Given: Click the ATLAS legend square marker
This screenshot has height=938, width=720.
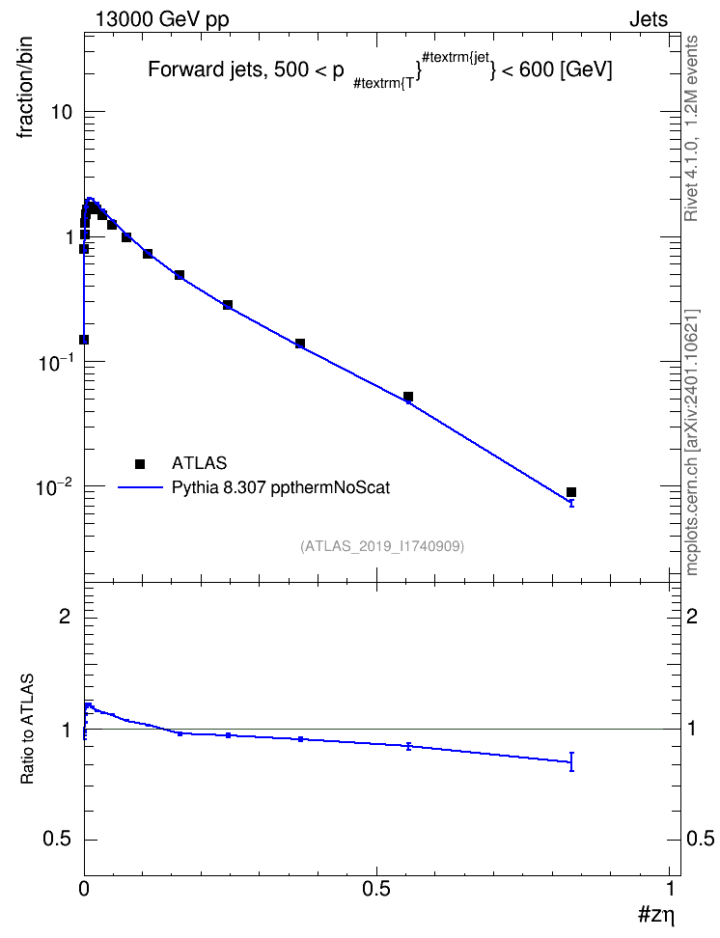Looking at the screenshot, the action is pos(140,463).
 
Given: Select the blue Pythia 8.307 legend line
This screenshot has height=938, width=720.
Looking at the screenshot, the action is pos(140,487).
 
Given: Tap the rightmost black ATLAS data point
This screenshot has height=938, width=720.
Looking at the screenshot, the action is pos(571,492).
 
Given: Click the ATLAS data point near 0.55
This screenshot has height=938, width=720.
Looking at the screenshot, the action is pos(408,397).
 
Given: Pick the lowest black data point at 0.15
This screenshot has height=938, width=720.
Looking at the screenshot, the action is pos(84,340).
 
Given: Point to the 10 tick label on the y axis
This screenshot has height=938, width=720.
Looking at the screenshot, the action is pos(61,112).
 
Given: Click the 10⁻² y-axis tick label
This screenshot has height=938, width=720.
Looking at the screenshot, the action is pos(54,485).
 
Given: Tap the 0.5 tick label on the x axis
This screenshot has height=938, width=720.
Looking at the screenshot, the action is pos(375,889).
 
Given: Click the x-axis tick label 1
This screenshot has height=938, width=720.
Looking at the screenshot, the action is pos(670,889).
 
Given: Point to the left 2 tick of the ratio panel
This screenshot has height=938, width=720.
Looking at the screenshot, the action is pos(65,616).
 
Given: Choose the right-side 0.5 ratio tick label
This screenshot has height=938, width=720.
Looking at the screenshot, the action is pos(700,840).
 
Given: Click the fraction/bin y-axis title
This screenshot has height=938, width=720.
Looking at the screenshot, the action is pos(24,88).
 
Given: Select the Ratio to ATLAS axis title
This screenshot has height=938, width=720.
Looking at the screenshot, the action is pos(27,730).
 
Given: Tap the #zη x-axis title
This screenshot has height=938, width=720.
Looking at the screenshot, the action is pos(656,915).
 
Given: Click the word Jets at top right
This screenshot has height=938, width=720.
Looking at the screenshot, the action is pos(649,19).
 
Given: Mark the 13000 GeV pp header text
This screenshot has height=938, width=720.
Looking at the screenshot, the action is pos(162,20).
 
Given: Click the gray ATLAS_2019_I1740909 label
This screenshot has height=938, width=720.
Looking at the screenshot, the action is pos(382,546).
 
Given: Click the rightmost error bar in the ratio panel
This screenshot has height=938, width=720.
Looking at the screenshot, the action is pos(571,761).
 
